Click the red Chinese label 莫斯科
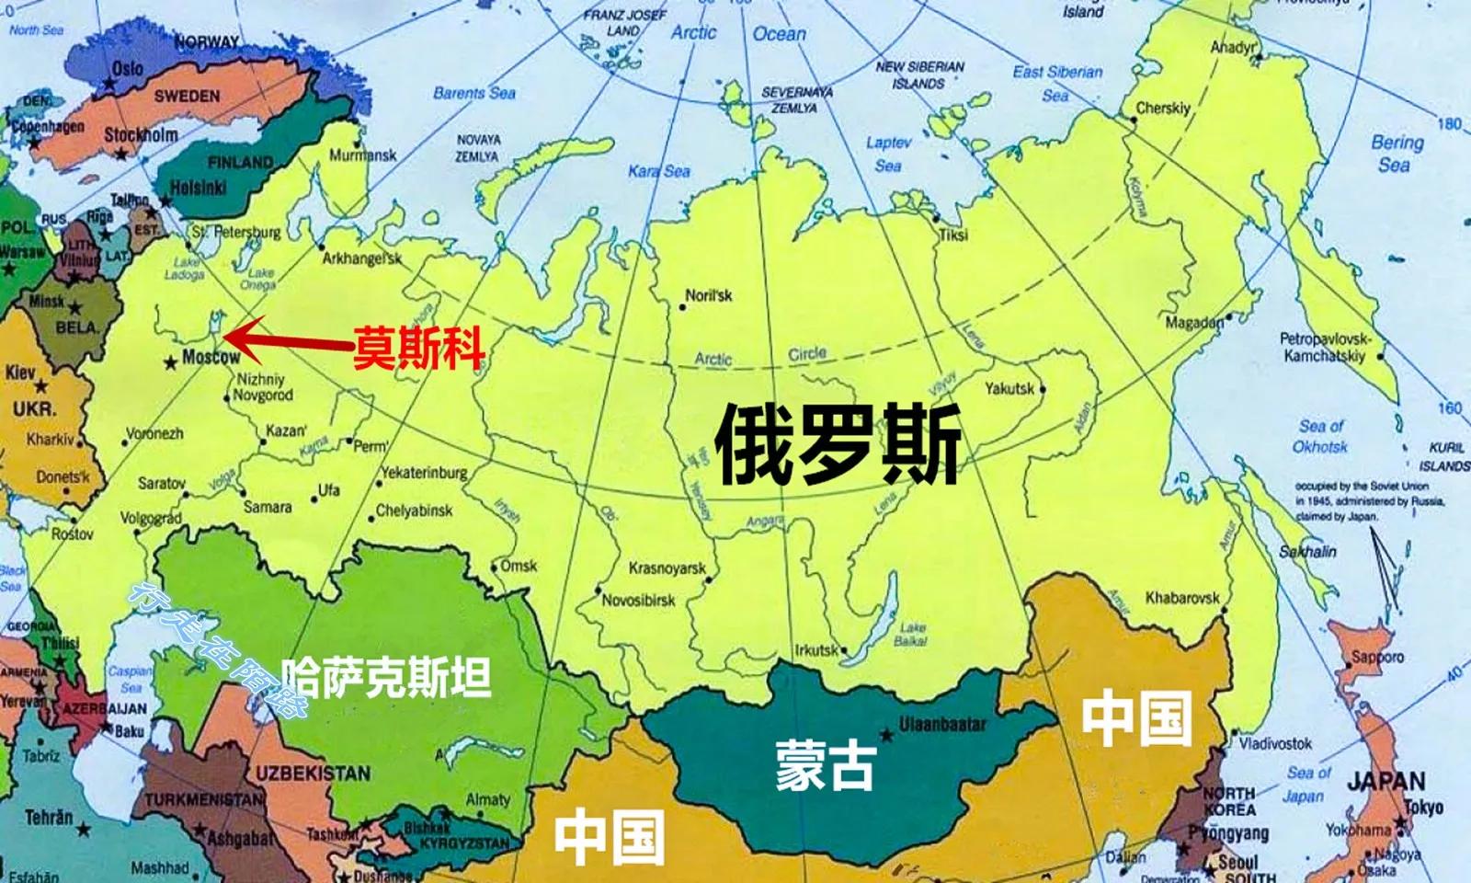(x=419, y=348)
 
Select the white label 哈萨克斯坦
(x=385, y=678)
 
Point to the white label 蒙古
(x=825, y=765)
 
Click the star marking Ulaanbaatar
(x=886, y=735)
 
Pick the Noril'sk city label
(x=709, y=296)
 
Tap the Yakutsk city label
(x=1009, y=388)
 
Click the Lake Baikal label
(x=911, y=635)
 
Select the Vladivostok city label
(x=1275, y=743)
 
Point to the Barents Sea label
(x=473, y=93)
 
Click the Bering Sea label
(x=1396, y=154)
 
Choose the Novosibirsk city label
(x=639, y=601)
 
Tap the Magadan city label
(x=1194, y=323)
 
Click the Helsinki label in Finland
(x=198, y=188)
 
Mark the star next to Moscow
(x=170, y=363)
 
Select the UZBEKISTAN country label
(x=313, y=773)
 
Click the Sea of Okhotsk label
(x=1320, y=437)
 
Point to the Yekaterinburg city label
(x=424, y=473)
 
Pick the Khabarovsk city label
(x=1182, y=599)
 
